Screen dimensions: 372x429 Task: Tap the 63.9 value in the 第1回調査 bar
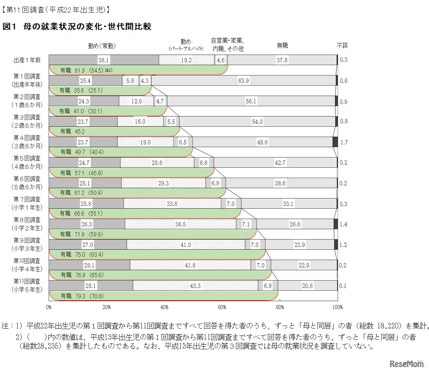point(243,81)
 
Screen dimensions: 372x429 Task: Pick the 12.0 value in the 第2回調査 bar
point(136,101)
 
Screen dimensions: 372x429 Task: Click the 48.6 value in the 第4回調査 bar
point(262,142)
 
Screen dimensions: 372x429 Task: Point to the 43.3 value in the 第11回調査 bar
point(195,286)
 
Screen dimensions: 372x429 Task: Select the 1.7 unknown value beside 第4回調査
point(344,142)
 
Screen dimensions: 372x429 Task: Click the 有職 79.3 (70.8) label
point(83,296)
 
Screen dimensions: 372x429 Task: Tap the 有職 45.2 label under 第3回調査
point(72,131)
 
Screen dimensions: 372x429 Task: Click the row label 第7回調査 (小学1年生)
point(27,204)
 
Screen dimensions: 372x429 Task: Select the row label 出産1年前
point(27,60)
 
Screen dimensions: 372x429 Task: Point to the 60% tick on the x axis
point(222,307)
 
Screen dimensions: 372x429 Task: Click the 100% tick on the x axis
point(338,307)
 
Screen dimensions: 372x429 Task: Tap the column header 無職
point(282,45)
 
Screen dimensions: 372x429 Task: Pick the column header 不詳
point(342,45)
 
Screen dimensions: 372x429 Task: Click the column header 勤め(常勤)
point(102,46)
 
